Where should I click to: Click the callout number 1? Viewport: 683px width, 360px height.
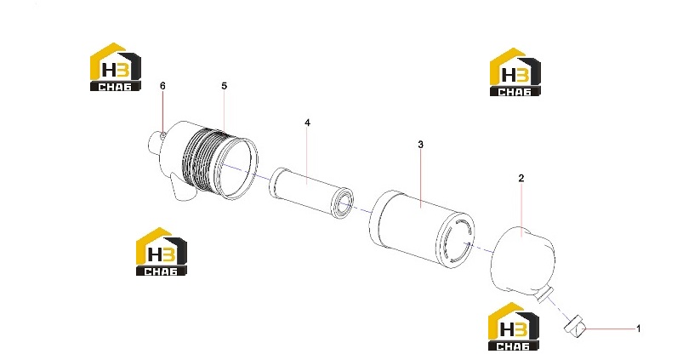tap(638, 329)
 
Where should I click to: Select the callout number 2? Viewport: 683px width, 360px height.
tap(521, 178)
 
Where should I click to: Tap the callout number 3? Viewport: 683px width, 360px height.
tap(420, 145)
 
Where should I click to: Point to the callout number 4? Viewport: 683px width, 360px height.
tap(308, 123)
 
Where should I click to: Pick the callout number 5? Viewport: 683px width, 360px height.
tap(224, 86)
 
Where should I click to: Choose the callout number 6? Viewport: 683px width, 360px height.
tap(162, 86)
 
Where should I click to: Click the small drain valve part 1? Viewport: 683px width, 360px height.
tap(575, 326)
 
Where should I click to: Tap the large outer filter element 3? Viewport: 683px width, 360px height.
tap(422, 229)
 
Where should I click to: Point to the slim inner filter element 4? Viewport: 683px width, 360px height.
tap(311, 192)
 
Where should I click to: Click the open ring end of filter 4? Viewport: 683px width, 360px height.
tap(342, 203)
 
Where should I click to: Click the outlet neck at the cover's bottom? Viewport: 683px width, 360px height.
tap(544, 295)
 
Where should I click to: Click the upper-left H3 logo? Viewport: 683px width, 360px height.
tap(116, 66)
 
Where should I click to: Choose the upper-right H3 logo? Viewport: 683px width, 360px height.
tap(515, 71)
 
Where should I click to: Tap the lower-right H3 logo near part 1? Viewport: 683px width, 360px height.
tap(514, 327)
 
